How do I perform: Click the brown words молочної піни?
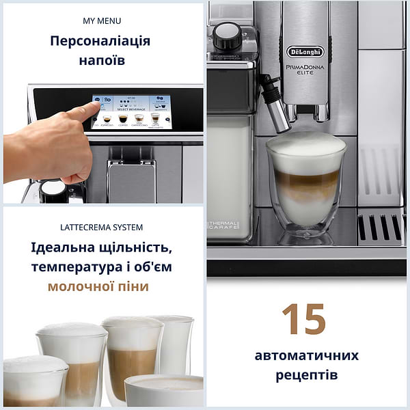(x=98, y=286)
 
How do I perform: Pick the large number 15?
(x=305, y=319)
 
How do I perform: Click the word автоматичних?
(x=306, y=356)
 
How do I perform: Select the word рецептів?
(x=306, y=375)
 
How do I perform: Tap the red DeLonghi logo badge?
(x=305, y=53)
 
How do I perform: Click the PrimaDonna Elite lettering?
(x=305, y=71)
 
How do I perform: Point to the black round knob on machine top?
(x=227, y=36)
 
